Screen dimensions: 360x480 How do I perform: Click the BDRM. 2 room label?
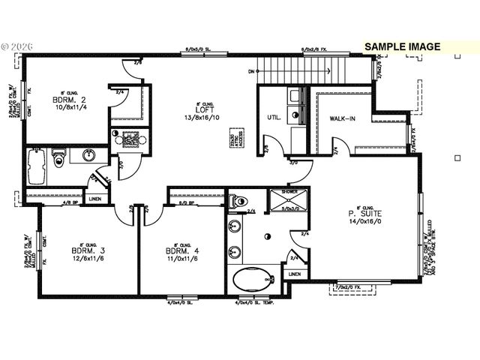pos(65,100)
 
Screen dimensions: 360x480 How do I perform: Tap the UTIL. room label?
pos(274,118)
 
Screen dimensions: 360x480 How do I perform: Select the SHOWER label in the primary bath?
pos(268,192)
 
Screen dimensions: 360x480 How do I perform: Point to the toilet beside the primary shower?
pos(238,201)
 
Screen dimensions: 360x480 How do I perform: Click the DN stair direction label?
pos(250,72)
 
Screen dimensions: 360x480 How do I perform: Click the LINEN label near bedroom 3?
pos(95,199)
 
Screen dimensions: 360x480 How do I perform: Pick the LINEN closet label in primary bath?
pos(294,274)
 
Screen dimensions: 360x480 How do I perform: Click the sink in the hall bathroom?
pos(88,156)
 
